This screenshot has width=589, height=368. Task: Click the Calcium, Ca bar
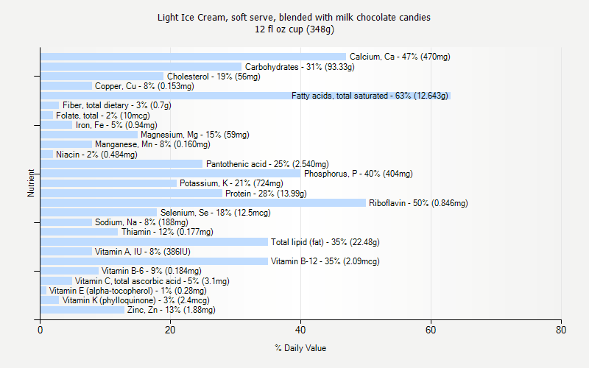193,57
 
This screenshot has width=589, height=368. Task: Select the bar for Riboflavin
203,203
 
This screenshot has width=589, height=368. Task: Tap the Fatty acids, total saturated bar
245,96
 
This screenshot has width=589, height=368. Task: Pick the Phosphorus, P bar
171,174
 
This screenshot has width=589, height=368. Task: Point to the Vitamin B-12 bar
155,261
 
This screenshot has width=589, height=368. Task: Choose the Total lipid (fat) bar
155,242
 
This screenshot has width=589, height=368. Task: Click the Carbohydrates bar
141,67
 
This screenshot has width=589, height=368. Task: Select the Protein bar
131,194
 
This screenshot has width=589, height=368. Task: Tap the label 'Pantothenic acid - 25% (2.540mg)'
267,164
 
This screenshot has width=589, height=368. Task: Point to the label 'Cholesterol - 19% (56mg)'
209,77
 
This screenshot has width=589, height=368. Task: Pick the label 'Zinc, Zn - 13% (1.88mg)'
172,310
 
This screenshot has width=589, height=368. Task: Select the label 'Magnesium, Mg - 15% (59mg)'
195,135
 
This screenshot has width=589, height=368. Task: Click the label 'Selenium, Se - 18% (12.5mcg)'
216,213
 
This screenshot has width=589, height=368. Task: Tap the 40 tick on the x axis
300,330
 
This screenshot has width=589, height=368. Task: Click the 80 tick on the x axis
561,330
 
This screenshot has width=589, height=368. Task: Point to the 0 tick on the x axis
40,330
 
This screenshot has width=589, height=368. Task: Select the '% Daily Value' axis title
300,348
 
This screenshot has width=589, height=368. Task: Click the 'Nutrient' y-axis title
31,183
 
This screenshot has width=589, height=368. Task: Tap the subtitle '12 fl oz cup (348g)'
294,29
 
